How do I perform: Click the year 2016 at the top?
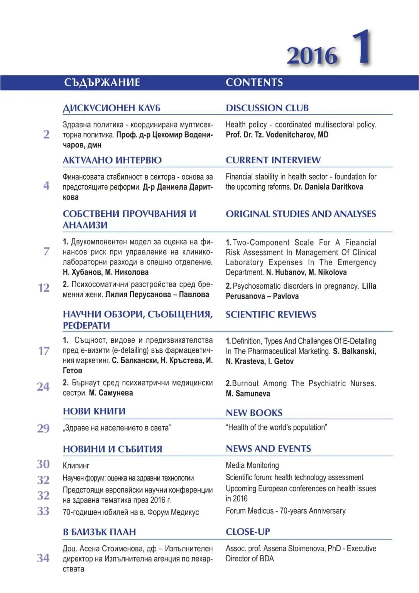pos(312,56)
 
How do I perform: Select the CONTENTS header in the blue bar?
pos(254,83)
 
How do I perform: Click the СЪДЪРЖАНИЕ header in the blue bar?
pos(102,83)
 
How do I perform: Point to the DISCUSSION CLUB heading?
pos(267,108)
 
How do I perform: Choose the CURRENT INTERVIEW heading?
pos(273,160)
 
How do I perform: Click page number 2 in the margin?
pos(46,134)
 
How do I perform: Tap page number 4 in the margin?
pos(46,186)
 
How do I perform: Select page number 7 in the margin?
pos(46,251)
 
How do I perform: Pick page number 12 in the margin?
pos(44,288)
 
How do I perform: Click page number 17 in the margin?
pos(44,351)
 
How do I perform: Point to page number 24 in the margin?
pos(43,387)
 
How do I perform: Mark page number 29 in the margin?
pos(43,429)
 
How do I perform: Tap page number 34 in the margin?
pos(43,558)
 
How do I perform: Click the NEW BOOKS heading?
pos(254,413)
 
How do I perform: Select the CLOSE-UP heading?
pos(248,532)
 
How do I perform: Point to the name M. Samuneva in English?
pos(248,394)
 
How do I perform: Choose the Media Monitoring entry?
pos(252,466)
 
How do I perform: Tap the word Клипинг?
pos(76,466)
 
